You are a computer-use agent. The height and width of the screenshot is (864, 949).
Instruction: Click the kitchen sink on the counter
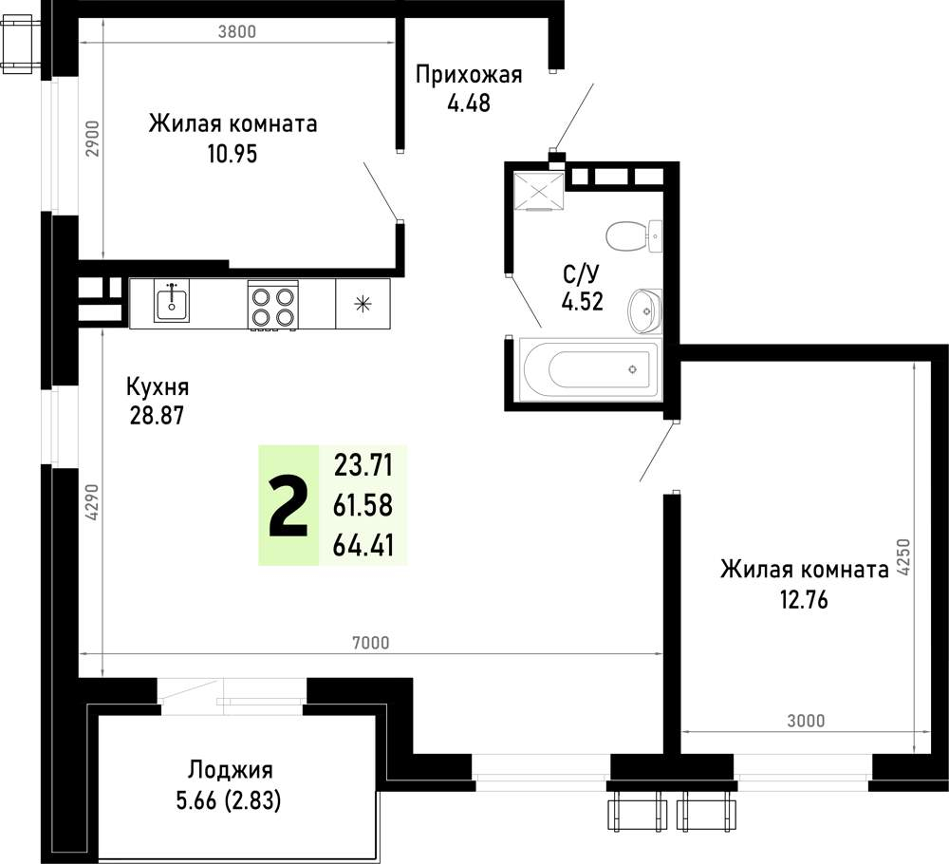172,301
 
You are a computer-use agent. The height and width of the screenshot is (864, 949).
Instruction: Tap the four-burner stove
273,306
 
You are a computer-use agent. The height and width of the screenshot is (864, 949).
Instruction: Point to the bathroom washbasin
645,310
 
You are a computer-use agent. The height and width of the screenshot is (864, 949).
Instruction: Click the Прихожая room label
469,75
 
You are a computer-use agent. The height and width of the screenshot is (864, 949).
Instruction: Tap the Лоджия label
230,770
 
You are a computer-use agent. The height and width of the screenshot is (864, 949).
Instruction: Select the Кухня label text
158,386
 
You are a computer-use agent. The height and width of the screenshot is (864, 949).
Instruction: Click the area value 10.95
233,154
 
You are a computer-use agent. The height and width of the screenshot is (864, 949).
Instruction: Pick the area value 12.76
804,600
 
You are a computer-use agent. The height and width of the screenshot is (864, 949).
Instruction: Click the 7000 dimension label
370,643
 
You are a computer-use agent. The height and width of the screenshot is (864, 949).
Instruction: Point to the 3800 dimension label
237,31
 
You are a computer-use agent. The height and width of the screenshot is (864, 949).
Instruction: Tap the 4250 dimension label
903,557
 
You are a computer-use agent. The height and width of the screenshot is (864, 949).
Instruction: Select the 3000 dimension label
806,722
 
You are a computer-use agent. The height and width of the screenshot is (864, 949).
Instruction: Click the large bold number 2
288,506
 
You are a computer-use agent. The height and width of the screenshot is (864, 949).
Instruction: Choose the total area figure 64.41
363,546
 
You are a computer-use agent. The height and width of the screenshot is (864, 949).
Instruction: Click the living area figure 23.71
363,466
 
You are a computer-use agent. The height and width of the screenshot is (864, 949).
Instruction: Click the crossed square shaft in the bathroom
538,191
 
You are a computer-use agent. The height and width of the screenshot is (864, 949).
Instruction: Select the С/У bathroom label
581,274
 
